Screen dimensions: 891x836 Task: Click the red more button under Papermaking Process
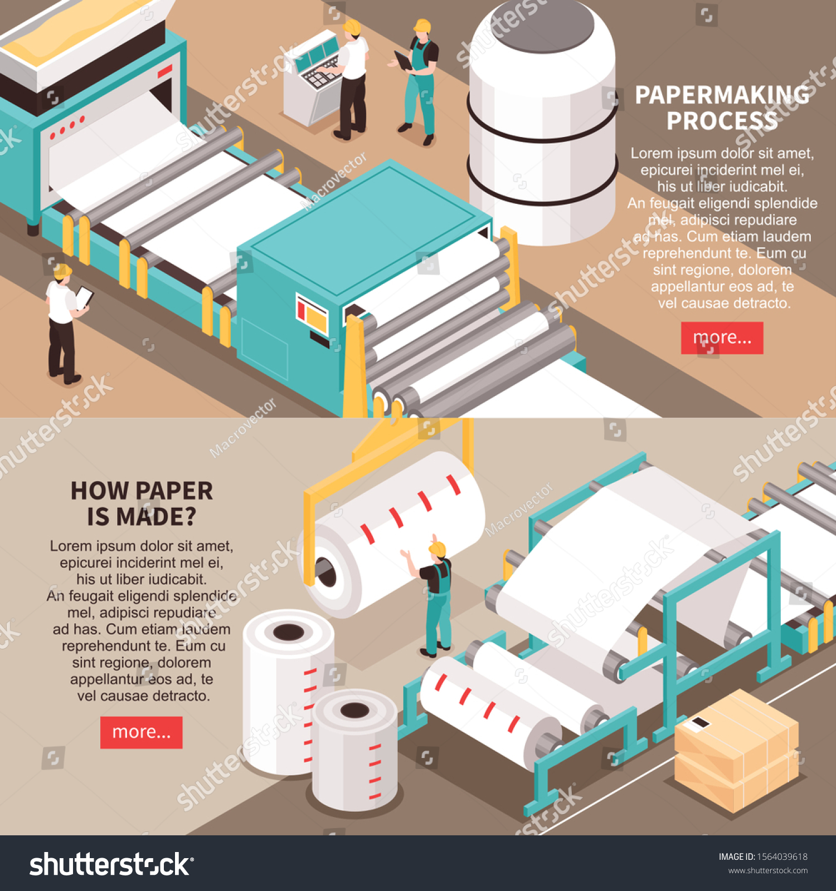pyautogui.click(x=722, y=338)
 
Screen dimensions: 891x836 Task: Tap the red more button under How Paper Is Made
pyautogui.click(x=141, y=732)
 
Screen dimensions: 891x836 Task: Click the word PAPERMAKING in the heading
pyautogui.click(x=722, y=95)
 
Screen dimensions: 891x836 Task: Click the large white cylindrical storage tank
pyautogui.click(x=542, y=128)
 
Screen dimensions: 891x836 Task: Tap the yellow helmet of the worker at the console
pyautogui.click(x=352, y=26)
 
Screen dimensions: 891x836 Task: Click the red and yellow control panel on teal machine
pyautogui.click(x=312, y=315)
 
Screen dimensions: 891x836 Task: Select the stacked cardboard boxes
pyautogui.click(x=736, y=752)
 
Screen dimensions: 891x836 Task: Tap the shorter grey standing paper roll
pyautogui.click(x=355, y=752)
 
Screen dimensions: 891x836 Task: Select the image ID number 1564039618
pyautogui.click(x=781, y=856)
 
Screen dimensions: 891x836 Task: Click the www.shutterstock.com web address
pyautogui.click(x=767, y=870)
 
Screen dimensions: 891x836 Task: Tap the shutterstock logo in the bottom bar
pyautogui.click(x=111, y=865)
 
